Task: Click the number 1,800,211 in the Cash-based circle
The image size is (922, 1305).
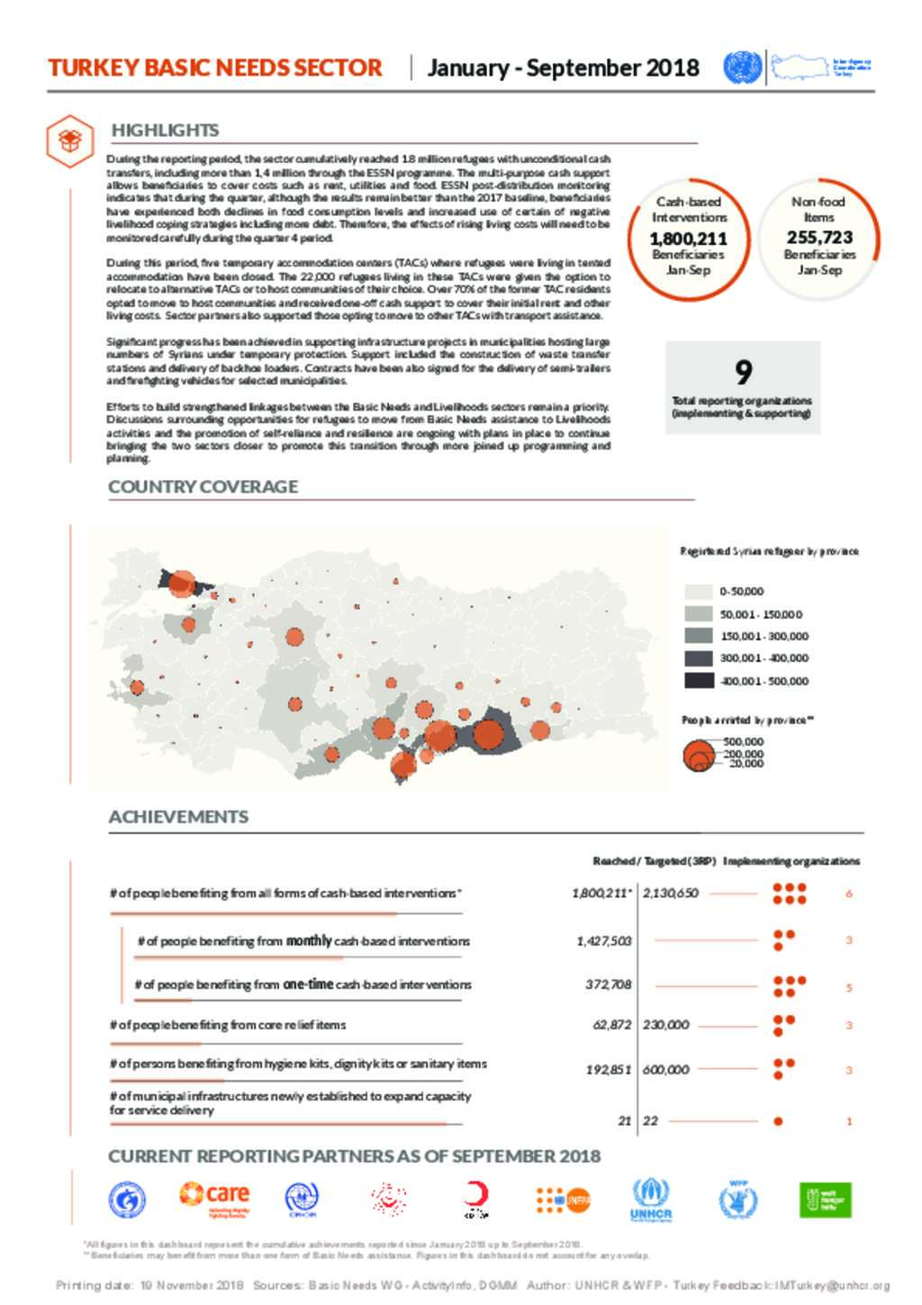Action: [x=688, y=239]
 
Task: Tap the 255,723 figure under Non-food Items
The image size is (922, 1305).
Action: [x=818, y=238]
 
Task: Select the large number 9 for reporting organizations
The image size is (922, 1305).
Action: [x=743, y=372]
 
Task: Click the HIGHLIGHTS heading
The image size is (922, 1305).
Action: [x=165, y=131]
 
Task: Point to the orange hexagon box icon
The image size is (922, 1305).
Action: [x=70, y=140]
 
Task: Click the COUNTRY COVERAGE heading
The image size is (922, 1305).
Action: [x=203, y=486]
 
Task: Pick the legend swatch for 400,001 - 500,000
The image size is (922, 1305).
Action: [x=699, y=681]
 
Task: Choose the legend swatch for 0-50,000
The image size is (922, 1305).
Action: [x=699, y=592]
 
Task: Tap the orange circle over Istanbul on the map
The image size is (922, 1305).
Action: [x=182, y=584]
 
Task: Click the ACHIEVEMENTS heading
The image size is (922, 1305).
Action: [x=178, y=817]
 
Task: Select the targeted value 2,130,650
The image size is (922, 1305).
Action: [x=670, y=893]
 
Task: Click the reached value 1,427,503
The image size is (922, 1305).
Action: [x=603, y=941]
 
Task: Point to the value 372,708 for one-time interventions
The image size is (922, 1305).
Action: [x=608, y=984]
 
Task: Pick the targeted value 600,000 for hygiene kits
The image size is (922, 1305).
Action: [x=665, y=1070]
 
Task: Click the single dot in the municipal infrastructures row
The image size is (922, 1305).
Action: [x=778, y=1121]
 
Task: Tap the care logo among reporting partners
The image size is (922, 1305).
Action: [x=214, y=1198]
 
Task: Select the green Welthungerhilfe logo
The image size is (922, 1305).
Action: [x=825, y=1200]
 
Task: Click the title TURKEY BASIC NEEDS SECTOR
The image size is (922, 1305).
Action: [x=215, y=68]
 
